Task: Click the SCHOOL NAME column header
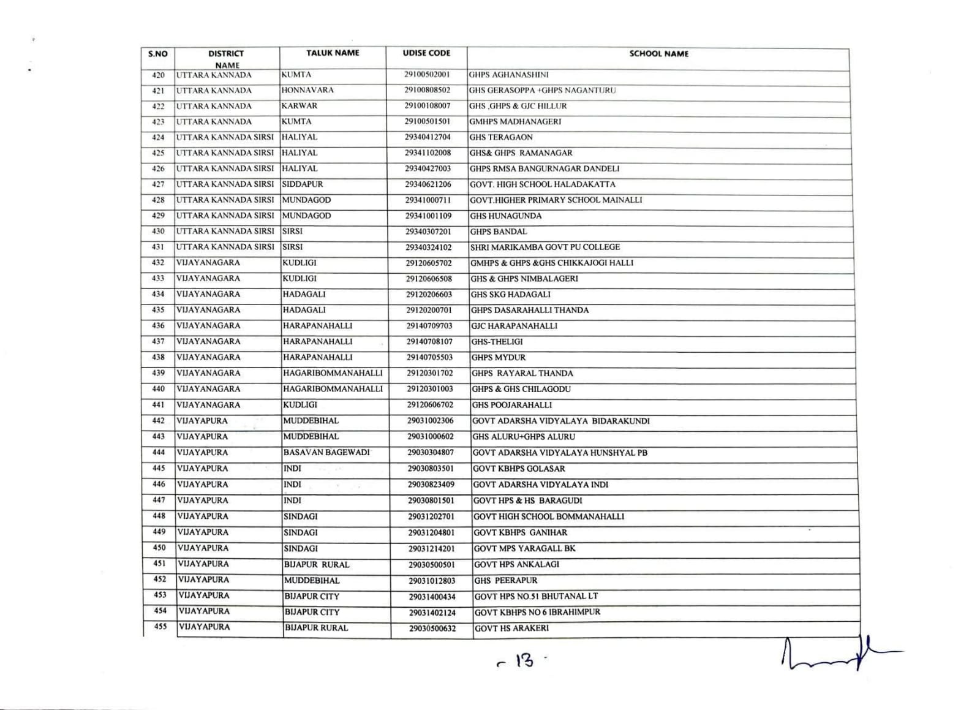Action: (658, 54)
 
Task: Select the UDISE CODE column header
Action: (426, 53)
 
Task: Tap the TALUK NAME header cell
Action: (333, 53)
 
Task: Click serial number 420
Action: (158, 75)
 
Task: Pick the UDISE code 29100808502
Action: (427, 90)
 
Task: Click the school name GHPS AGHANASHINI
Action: (508, 75)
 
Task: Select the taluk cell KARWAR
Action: (300, 106)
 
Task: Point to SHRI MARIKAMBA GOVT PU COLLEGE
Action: (545, 247)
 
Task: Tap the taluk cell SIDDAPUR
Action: (303, 184)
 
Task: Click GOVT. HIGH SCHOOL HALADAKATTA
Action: (542, 184)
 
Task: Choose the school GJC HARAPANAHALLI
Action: (514, 326)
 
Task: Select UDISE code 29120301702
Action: (430, 373)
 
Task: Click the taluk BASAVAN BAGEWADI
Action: (326, 453)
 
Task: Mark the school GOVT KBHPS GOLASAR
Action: (519, 469)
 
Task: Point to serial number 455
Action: (160, 627)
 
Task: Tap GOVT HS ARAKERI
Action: (511, 628)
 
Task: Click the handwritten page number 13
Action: (521, 661)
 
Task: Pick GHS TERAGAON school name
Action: (501, 137)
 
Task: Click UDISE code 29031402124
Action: (432, 612)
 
